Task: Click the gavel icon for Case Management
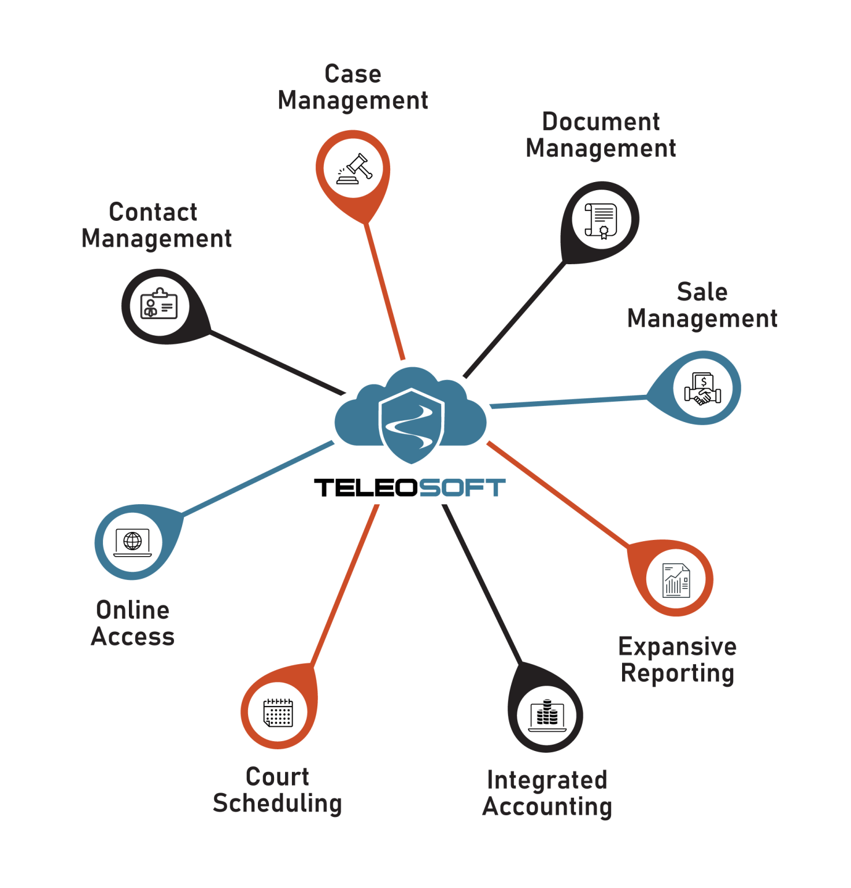[x=354, y=169]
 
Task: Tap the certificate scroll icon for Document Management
[x=601, y=220]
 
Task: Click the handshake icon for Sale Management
[x=702, y=388]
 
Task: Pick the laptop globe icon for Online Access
[x=132, y=542]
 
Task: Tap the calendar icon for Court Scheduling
[x=278, y=712]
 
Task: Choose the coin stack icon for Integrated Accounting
[x=547, y=715]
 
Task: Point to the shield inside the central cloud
[x=411, y=425]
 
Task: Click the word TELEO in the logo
[x=365, y=488]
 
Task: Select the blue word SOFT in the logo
[x=462, y=488]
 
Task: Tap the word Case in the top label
[x=353, y=74]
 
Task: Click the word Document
[x=601, y=122]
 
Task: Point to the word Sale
[x=702, y=292]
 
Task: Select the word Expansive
[x=678, y=647]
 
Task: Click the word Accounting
[x=547, y=807]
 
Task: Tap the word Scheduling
[x=277, y=804]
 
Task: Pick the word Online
[x=133, y=610]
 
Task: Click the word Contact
[x=153, y=212]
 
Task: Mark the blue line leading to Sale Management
[x=569, y=402]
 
